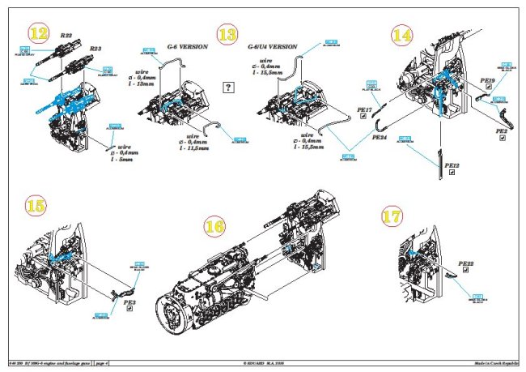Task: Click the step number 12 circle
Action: pyautogui.click(x=37, y=33)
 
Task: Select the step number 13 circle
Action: pyautogui.click(x=228, y=35)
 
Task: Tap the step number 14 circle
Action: pyautogui.click(x=402, y=35)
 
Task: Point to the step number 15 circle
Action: pyautogui.click(x=36, y=205)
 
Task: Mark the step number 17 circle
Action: pyautogui.click(x=392, y=217)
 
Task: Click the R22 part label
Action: pyautogui.click(x=66, y=36)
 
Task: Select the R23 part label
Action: pyautogui.click(x=95, y=49)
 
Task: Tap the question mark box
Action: pyautogui.click(x=229, y=88)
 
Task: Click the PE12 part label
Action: pyautogui.click(x=453, y=165)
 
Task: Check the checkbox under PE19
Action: pyautogui.click(x=488, y=90)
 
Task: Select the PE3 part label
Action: pyautogui.click(x=129, y=302)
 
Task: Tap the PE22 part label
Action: pyautogui.click(x=465, y=263)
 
